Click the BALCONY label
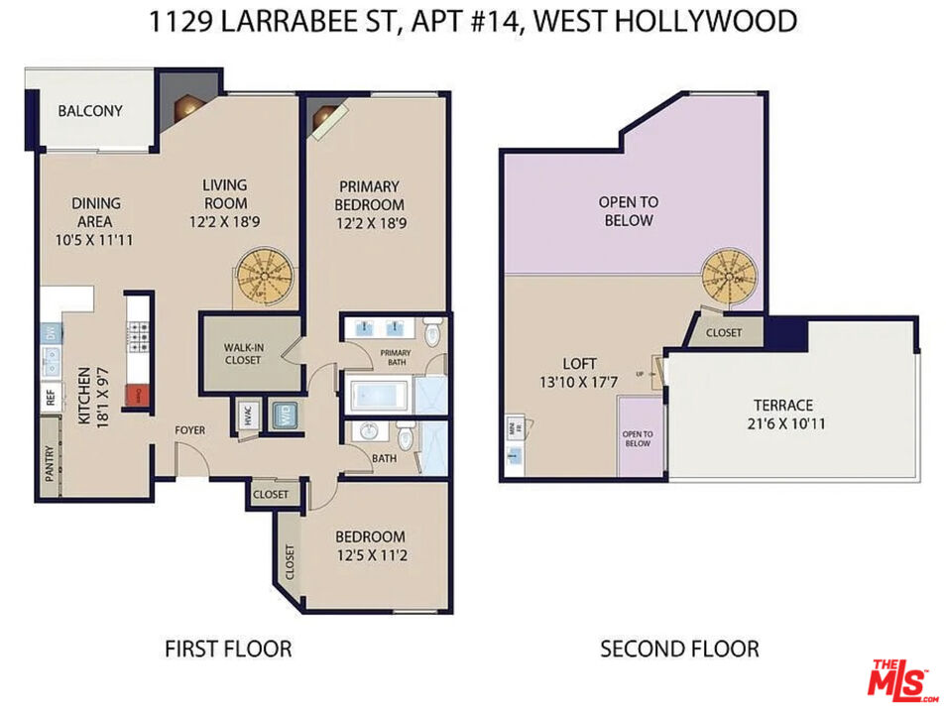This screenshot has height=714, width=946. coord(90,111)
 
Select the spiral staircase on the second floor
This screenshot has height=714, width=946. coord(732,281)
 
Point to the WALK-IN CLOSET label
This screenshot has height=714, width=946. coord(242,353)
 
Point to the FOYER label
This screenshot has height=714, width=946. coord(190,430)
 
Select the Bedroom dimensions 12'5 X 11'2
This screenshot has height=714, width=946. coord(369,556)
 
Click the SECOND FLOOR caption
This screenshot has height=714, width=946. coord(679,650)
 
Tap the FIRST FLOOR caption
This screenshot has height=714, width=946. coord(228,650)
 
